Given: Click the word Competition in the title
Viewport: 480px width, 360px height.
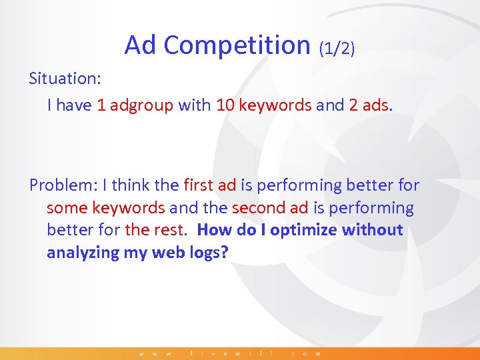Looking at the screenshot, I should pos(237,45).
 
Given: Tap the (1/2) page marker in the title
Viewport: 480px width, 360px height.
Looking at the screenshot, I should pos(337,47).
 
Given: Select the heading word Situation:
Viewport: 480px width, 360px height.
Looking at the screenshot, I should pos(65,79).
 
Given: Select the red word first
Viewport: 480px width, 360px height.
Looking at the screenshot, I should pos(198,185).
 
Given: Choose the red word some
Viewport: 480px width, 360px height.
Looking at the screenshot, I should pos(67,208).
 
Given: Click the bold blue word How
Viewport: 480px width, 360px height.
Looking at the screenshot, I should pos(214,230).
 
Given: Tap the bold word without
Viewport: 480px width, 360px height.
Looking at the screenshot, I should pos(373,230).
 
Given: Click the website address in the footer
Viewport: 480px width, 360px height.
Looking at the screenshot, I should pos(230,353).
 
